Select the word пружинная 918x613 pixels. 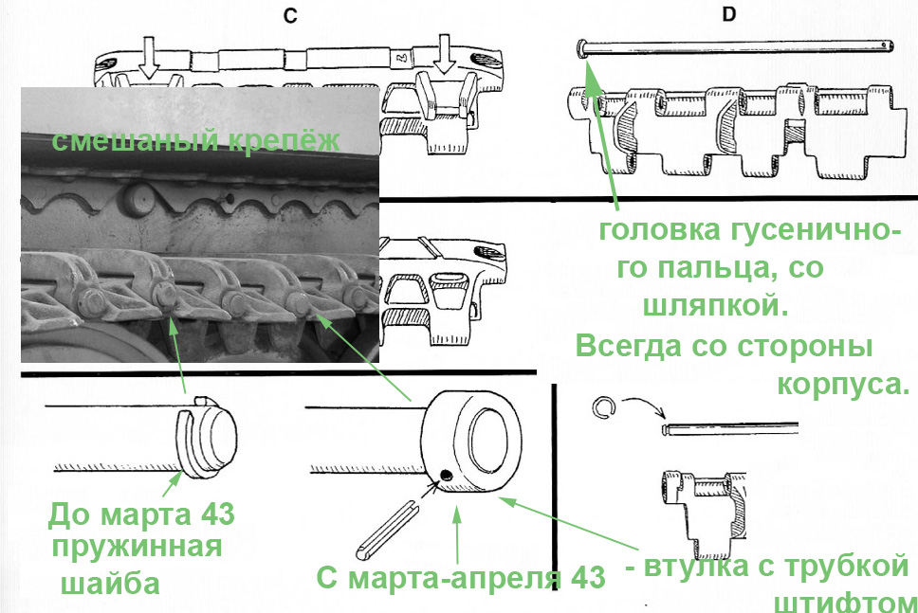pyautogui.click(x=138, y=549)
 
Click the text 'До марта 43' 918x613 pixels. pyautogui.click(x=141, y=515)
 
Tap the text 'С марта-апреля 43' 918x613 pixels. pyautogui.click(x=461, y=578)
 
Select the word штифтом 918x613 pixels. pyautogui.click(x=846, y=603)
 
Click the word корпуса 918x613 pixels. pyautogui.click(x=843, y=386)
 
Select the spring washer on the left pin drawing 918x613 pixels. pyautogui.click(x=194, y=441)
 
